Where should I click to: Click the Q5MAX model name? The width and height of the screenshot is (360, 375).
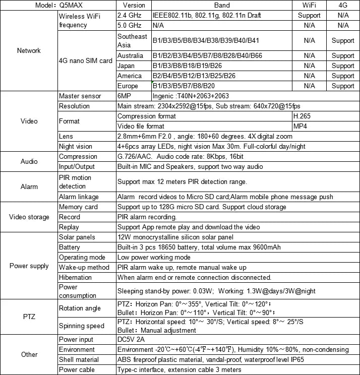71,6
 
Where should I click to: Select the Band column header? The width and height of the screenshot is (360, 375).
221,6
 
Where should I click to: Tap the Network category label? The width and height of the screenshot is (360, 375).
29,50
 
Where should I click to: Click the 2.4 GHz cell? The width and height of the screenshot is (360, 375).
129,16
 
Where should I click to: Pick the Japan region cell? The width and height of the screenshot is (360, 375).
126,66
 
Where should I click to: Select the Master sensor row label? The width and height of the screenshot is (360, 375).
80,96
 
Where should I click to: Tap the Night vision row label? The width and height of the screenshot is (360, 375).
76,146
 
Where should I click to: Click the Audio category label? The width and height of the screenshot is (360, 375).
29,161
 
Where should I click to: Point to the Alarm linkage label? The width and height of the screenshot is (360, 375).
79,197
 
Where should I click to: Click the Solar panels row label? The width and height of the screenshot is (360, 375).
78,237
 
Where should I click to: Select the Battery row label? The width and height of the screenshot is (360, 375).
70,247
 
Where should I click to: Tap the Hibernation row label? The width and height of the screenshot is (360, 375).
75,277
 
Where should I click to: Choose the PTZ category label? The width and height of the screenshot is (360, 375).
29,316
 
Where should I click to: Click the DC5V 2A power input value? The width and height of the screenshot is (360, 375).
131,339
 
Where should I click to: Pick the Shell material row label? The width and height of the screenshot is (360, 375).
79,359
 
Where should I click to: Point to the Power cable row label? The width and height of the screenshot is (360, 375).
77,369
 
